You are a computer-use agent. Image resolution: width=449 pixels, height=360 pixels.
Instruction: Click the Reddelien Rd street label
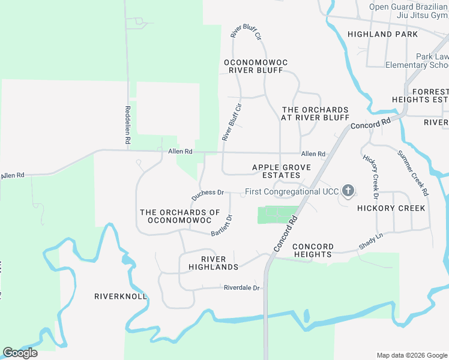click(x=128, y=125)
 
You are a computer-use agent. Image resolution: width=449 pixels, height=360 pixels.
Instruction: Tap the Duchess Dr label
click(x=208, y=195)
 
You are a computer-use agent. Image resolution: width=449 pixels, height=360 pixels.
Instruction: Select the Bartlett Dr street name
click(x=222, y=226)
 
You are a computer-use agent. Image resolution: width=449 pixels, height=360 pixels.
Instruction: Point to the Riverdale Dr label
click(x=241, y=288)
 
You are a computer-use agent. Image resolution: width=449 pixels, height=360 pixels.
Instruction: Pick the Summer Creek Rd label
click(x=413, y=173)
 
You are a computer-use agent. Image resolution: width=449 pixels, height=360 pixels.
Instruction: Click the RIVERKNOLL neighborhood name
click(x=121, y=296)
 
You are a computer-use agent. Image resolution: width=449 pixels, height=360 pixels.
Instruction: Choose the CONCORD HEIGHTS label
click(x=313, y=250)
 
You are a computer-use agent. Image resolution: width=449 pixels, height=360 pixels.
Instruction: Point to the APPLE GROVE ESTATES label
click(x=277, y=171)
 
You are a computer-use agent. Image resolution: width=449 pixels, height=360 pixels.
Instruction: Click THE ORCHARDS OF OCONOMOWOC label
click(x=180, y=217)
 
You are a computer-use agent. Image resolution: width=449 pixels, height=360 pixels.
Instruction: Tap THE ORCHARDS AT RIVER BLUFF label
click(x=315, y=113)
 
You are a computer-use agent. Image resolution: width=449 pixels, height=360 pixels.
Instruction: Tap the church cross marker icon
click(x=348, y=191)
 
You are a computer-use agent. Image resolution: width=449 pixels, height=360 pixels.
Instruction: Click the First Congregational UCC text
click(x=291, y=192)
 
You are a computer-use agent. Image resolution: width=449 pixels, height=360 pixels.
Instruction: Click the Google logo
click(x=20, y=352)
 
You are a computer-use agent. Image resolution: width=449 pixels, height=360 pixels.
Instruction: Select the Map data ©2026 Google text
click(x=412, y=355)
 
